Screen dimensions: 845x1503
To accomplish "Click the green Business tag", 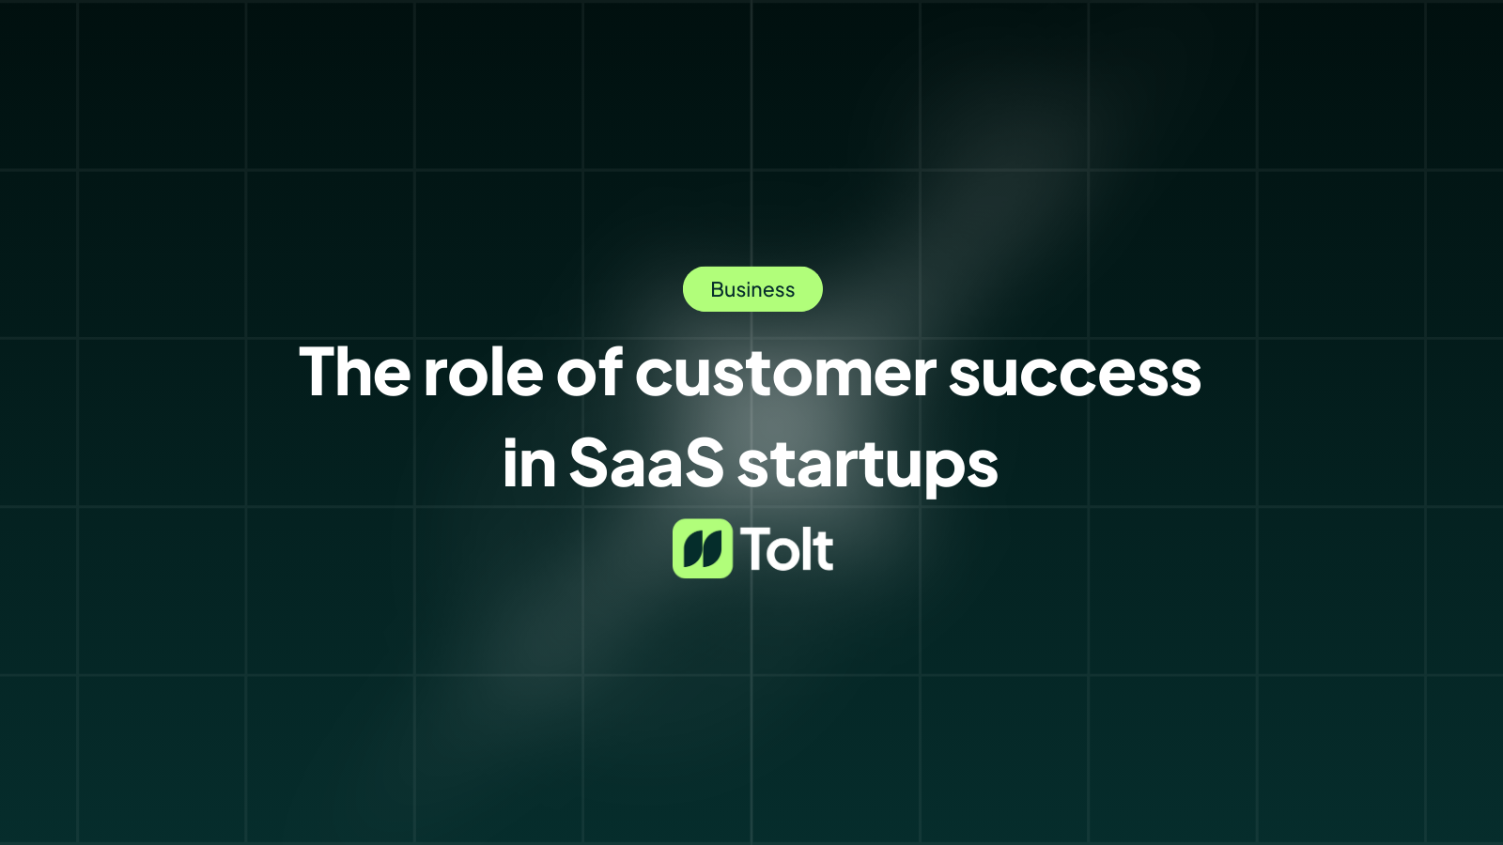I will (x=752, y=289).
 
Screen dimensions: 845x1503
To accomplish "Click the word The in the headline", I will (x=354, y=373).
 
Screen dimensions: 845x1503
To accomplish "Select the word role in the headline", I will (x=483, y=373).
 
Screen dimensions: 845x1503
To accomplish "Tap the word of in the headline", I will (x=589, y=373).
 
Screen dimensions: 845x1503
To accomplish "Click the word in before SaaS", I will (x=529, y=463).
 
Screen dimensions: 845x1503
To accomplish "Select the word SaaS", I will (x=646, y=463).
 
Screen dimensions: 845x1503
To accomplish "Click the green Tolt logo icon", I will (x=702, y=548).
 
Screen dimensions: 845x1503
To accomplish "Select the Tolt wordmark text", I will (x=787, y=549).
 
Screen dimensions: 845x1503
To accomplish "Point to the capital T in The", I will (x=318, y=373).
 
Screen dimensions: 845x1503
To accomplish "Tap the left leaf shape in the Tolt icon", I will (x=692, y=549).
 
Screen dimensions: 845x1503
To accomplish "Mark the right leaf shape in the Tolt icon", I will (x=712, y=549).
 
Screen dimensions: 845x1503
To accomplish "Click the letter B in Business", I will (x=718, y=290).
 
